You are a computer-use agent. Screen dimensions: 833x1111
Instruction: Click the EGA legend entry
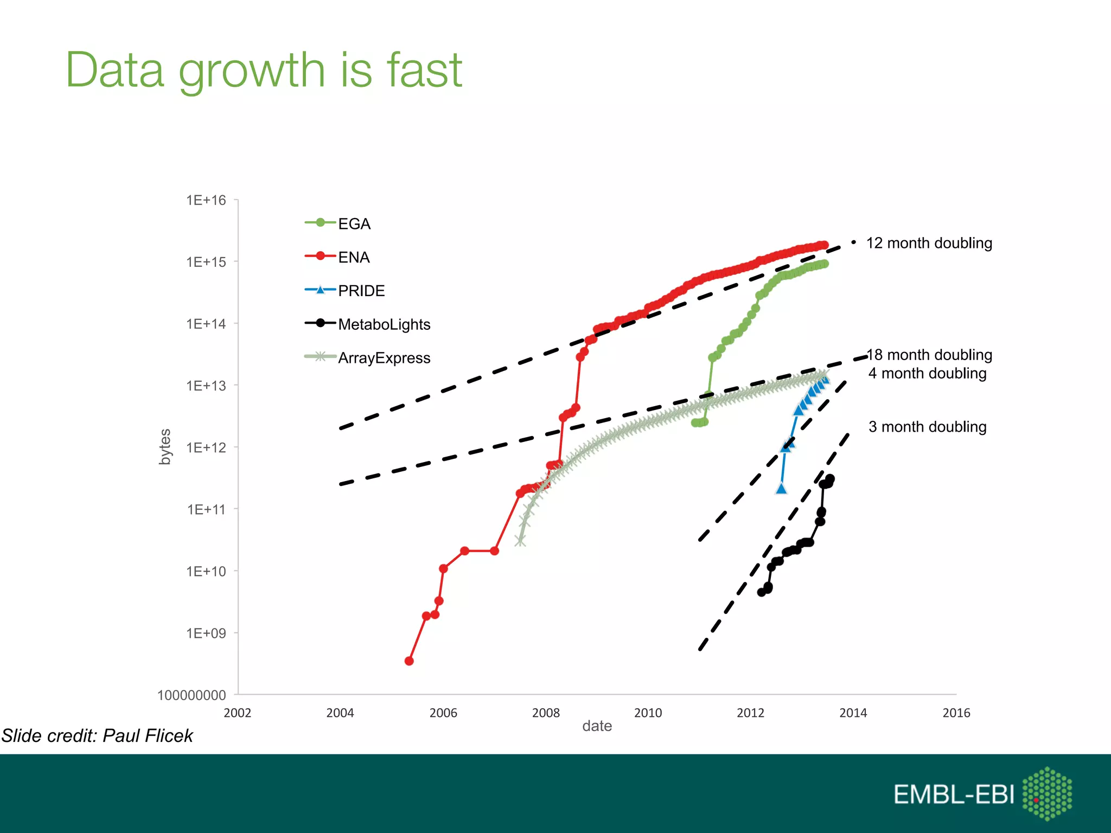coord(354,224)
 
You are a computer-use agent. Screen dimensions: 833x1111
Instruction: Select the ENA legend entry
coord(354,258)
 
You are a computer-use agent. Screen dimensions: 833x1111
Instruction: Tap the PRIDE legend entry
coord(361,291)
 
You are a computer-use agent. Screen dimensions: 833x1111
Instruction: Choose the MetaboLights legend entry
coord(384,325)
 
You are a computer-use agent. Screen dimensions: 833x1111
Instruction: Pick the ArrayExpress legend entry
coord(384,358)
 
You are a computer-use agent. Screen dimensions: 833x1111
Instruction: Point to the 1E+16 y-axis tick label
coord(206,201)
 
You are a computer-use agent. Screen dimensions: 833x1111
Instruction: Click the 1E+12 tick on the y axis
coord(206,448)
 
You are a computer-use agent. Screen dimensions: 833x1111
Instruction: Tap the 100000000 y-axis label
coord(191,695)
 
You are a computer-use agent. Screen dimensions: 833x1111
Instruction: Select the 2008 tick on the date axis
coord(546,713)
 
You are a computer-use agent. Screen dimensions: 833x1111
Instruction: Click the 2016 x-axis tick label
coord(956,713)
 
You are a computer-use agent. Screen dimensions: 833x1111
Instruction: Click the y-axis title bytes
coord(165,447)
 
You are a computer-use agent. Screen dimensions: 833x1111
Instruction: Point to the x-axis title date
coord(597,727)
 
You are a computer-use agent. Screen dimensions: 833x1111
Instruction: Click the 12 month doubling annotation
coord(929,244)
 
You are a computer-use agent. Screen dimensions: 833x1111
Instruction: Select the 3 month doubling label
coord(927,427)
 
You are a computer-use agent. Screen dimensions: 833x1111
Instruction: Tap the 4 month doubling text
coord(927,374)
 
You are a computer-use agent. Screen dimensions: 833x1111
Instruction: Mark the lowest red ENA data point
coord(409,661)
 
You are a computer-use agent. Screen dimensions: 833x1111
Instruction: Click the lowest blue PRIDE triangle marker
coord(781,489)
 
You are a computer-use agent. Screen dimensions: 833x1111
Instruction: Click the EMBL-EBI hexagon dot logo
coord(1047,794)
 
